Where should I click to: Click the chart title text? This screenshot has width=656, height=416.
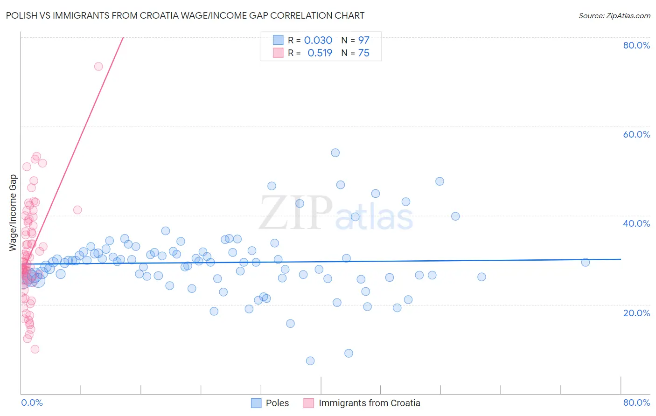(185, 15)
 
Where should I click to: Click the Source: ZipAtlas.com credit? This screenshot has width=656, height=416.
(614, 15)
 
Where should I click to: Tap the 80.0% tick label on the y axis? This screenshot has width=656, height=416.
(636, 45)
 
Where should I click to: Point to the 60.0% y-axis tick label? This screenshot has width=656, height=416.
(636, 134)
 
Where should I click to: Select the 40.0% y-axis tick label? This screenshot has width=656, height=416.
(636, 223)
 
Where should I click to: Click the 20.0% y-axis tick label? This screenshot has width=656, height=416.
(636, 313)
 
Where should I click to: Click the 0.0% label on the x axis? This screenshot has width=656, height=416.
(32, 402)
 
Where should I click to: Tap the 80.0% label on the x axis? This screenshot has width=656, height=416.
(636, 402)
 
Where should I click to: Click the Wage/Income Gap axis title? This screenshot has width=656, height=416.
(13, 213)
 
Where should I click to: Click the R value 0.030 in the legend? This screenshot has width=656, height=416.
(318, 41)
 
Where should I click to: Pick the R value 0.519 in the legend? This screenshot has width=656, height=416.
(320, 53)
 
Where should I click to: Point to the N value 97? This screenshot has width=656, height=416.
(363, 41)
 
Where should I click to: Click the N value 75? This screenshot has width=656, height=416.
(363, 53)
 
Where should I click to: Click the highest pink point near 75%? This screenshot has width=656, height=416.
(98, 66)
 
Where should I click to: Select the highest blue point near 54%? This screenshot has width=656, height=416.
(335, 153)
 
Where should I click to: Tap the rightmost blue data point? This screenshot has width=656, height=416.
(586, 262)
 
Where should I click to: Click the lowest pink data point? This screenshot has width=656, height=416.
(35, 349)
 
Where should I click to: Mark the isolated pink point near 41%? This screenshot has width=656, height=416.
(77, 210)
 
